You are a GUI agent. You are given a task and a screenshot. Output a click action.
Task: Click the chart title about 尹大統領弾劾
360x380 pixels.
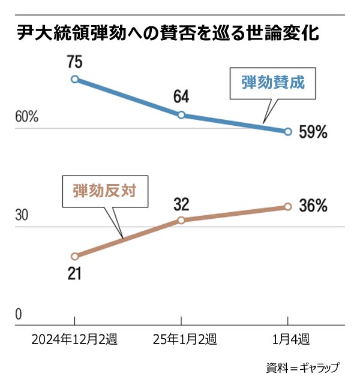(167, 34)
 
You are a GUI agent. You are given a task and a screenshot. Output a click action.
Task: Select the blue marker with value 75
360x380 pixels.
(74, 79)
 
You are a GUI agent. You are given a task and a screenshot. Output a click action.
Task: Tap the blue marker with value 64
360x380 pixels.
(181, 114)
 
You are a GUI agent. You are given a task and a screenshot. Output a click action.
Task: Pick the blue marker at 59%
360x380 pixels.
(287, 131)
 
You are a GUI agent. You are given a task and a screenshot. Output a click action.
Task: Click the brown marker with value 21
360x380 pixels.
(74, 256)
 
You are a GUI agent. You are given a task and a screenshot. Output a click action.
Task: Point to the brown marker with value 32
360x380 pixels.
(181, 220)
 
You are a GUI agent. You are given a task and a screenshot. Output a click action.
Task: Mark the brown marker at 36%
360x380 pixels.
(287, 206)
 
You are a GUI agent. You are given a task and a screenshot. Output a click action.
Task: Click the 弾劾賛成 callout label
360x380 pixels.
(273, 83)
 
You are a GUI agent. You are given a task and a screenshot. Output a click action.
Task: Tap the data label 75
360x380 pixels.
(74, 62)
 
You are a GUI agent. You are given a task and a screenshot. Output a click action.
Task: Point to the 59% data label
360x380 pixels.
(313, 132)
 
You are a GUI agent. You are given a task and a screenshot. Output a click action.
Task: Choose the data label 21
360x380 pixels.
(74, 273)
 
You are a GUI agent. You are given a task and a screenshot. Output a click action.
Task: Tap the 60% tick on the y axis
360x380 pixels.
(26, 116)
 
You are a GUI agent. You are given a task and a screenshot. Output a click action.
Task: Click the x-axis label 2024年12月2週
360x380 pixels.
(74, 340)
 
